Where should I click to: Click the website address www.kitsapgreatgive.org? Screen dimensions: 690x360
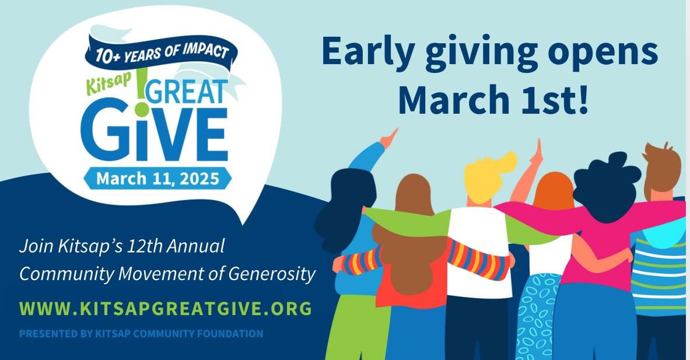tap(166, 309)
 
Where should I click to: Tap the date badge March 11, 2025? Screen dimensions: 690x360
tap(157, 179)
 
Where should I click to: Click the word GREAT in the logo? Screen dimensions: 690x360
tap(189, 92)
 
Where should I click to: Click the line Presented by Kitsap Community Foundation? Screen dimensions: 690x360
tap(141, 334)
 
